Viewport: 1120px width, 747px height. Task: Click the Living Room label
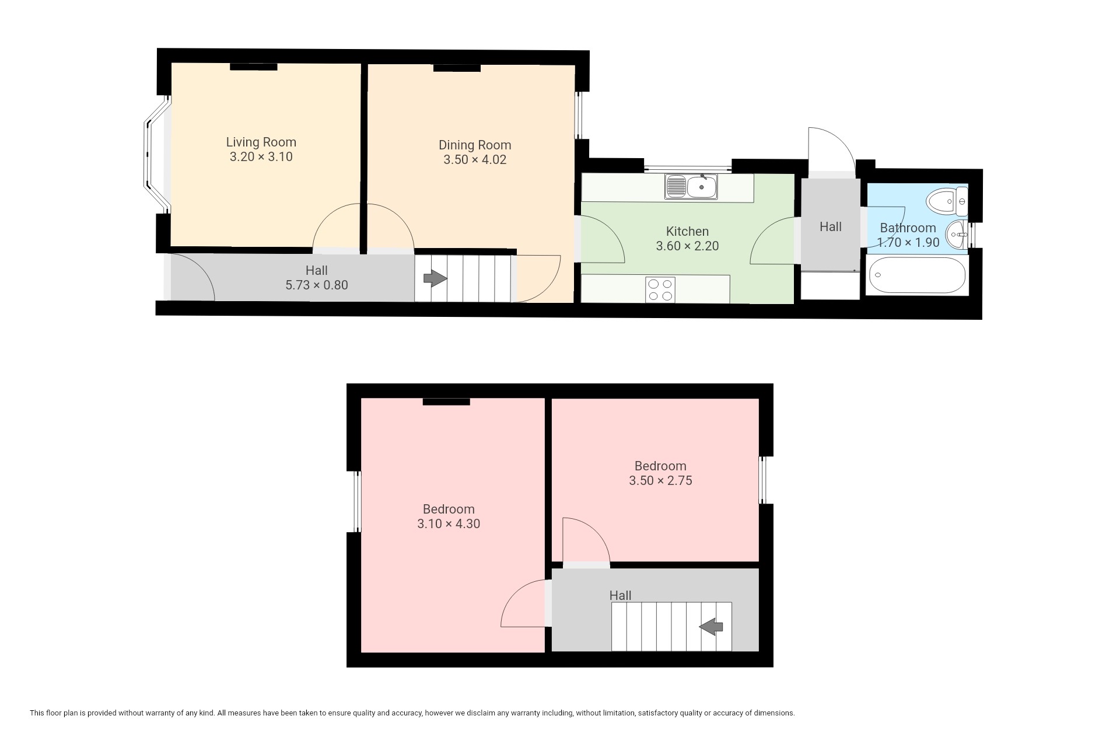(261, 142)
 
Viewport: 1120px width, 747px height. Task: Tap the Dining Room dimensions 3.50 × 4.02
(475, 159)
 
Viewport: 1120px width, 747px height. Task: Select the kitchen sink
(691, 187)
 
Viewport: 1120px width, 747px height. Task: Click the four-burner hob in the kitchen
(660, 289)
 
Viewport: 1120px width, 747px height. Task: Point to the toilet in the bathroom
(947, 202)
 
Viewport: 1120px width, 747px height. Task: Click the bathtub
(917, 275)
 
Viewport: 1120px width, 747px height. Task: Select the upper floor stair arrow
(711, 627)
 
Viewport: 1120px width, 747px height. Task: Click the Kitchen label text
(687, 231)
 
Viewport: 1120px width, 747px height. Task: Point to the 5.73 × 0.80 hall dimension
(317, 285)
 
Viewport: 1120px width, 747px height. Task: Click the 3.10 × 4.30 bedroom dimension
(449, 523)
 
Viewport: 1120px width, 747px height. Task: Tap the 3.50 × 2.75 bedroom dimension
(660, 480)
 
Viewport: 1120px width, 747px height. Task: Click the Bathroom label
(908, 228)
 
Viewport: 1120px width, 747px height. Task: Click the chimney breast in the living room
(253, 67)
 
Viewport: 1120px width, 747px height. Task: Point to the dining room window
(579, 115)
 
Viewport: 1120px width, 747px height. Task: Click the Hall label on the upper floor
(620, 595)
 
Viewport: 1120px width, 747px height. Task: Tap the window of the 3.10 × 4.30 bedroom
(358, 501)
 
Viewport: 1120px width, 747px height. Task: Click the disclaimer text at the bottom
(412, 713)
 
